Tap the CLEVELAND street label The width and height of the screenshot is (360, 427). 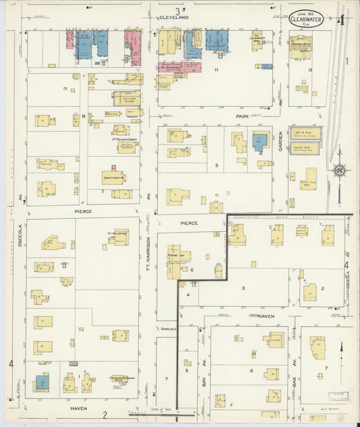(174, 17)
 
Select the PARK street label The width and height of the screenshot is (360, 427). (242, 116)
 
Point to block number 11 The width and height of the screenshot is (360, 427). (217, 70)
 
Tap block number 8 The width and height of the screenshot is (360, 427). (84, 116)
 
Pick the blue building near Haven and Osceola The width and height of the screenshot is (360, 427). (42, 383)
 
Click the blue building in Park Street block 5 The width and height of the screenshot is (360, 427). (259, 143)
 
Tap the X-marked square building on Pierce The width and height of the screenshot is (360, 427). (215, 207)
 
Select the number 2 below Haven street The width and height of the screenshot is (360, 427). (105, 414)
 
